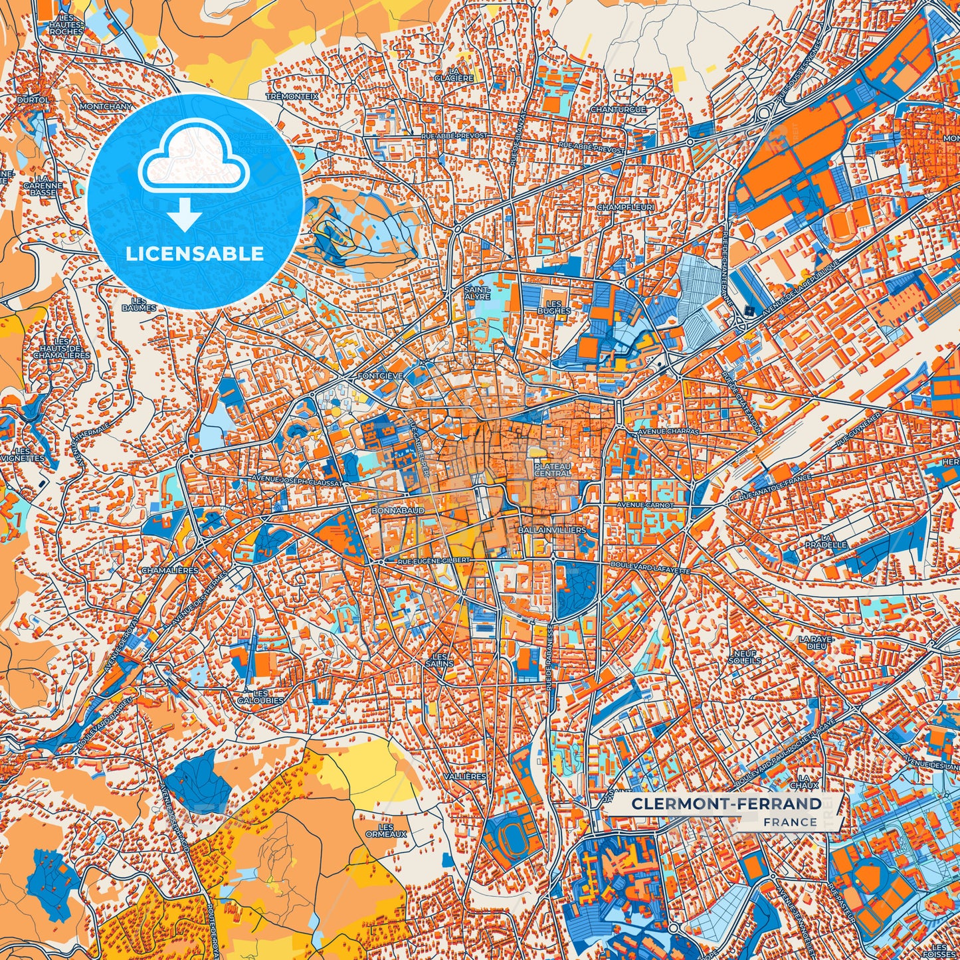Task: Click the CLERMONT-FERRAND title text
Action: point(726,804)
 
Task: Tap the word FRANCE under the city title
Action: point(790,822)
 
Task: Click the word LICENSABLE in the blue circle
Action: point(195,254)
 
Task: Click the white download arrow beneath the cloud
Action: point(185,216)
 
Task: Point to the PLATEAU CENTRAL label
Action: point(552,470)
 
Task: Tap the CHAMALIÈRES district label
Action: point(170,570)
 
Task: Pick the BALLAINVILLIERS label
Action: point(551,530)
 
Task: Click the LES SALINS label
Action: point(439,660)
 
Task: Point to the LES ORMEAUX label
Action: point(385,830)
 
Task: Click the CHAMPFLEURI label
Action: point(625,207)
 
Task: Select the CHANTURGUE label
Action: point(618,109)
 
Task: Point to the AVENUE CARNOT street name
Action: point(645,505)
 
